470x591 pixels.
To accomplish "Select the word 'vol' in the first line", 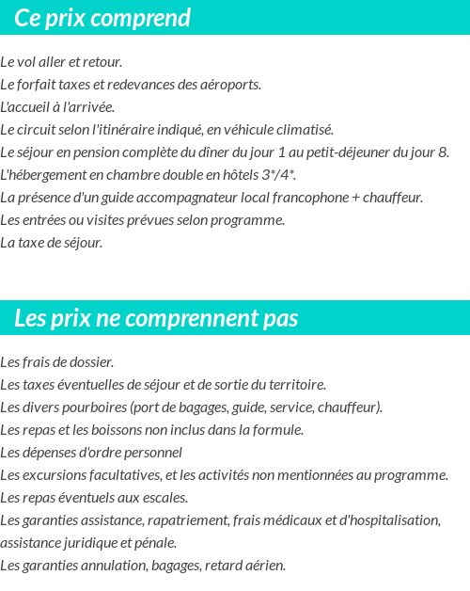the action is [x=26, y=62].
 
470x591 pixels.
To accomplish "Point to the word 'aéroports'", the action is [x=229, y=85].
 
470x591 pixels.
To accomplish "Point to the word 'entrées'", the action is [x=43, y=220].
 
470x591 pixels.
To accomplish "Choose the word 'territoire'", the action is [x=294, y=385].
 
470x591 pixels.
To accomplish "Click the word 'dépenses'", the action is [x=48, y=453].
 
